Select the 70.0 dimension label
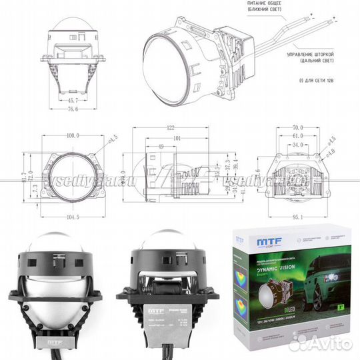pos(298,127)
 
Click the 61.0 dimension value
pos(297,136)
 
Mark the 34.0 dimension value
pos(297,145)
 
